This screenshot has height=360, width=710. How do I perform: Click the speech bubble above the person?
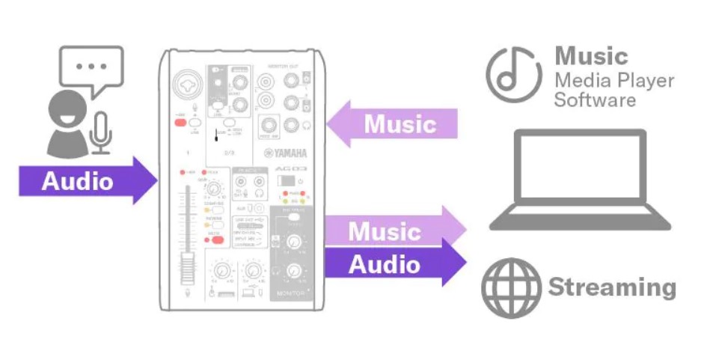(91, 67)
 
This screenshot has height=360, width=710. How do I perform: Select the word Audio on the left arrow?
(77, 181)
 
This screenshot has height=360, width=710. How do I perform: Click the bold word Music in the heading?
(591, 56)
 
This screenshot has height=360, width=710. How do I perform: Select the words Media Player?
(613, 80)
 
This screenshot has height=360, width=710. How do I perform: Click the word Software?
(595, 100)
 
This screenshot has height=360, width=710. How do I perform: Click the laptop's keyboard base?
(581, 222)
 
